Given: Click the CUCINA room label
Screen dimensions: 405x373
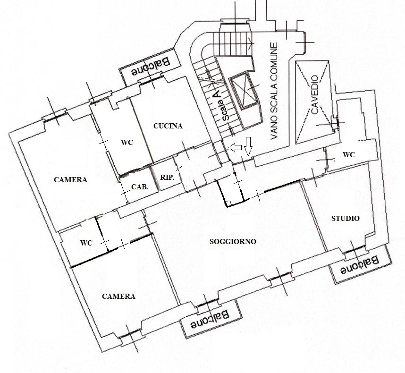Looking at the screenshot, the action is [x=168, y=126].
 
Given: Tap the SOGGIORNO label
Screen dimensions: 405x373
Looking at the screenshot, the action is [x=233, y=242].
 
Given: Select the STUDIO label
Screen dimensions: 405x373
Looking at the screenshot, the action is [x=346, y=218].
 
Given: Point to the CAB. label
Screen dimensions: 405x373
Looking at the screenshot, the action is [x=140, y=187].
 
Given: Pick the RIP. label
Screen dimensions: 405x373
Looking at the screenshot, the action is [x=167, y=178].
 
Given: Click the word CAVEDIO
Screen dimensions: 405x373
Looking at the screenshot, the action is [x=315, y=95].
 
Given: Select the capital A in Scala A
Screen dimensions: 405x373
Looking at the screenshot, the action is [x=218, y=94].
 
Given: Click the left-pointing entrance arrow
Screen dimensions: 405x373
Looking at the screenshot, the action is [x=235, y=147].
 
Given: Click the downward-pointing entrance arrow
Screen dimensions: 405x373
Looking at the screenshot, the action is [x=248, y=146].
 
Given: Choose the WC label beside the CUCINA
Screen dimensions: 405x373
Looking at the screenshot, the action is [x=127, y=142].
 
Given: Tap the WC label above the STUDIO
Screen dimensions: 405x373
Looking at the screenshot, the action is [x=348, y=155].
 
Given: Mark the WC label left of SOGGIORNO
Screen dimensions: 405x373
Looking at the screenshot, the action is [x=86, y=243].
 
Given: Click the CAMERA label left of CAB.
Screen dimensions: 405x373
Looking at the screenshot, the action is [x=70, y=180].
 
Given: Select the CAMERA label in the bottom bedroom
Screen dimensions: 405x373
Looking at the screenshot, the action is [x=118, y=297].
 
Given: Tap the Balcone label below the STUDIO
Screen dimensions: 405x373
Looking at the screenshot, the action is [x=359, y=265].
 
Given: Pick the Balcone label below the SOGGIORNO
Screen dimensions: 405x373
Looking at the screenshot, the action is [x=210, y=320].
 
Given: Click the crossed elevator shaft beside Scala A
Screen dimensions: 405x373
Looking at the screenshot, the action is [x=244, y=90].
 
